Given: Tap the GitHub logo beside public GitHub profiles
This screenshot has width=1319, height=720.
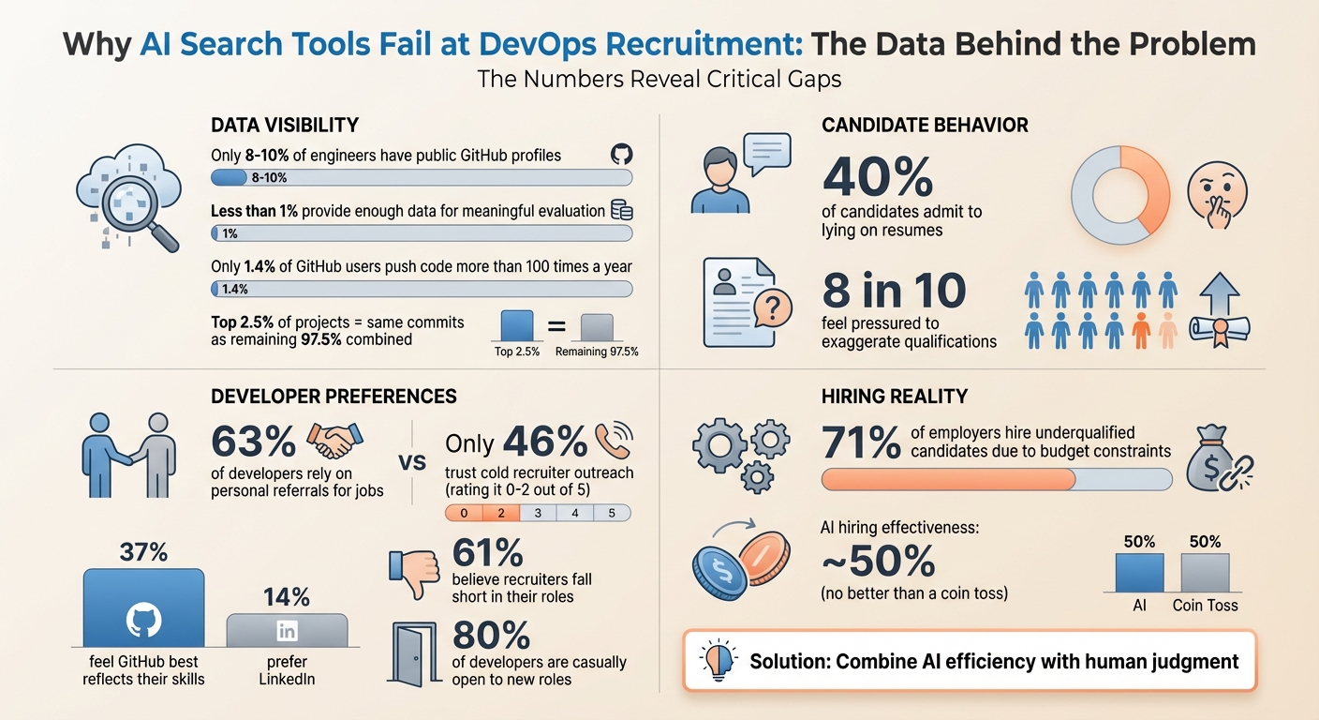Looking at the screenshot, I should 619,155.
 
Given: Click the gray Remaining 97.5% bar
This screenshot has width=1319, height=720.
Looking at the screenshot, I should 596,326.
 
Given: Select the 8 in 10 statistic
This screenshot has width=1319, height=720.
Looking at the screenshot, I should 894,292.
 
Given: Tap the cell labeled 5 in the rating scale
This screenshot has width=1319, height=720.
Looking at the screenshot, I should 611,513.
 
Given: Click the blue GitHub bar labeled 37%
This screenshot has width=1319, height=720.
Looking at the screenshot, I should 143,607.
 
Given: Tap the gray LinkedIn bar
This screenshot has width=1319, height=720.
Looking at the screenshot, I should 287,629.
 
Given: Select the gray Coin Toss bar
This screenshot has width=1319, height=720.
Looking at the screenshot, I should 1205,572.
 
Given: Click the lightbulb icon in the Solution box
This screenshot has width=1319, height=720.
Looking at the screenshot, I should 718,660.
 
